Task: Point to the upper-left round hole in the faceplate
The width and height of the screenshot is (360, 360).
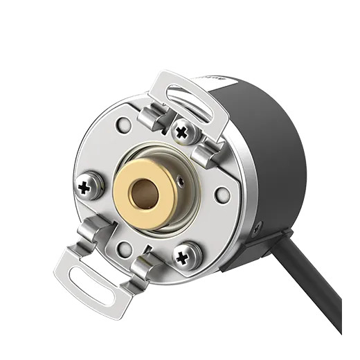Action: point(123,125)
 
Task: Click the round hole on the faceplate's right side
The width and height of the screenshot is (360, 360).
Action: point(222,194)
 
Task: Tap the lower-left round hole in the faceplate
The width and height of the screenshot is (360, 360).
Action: point(124,249)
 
